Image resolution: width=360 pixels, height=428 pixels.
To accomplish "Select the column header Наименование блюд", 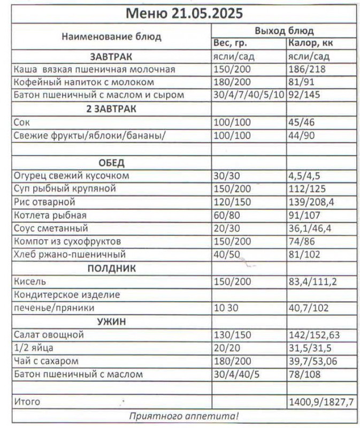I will (x=111, y=37).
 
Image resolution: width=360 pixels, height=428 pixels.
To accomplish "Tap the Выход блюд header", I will (x=284, y=30).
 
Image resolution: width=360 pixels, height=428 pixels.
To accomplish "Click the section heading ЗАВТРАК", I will (x=111, y=57).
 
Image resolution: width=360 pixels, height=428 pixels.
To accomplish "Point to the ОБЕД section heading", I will (x=111, y=163).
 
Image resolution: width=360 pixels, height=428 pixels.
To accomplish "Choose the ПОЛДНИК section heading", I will (x=111, y=268).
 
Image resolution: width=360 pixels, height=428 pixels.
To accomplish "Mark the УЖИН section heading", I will (x=111, y=322).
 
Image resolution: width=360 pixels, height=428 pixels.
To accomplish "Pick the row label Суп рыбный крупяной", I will (x=65, y=189).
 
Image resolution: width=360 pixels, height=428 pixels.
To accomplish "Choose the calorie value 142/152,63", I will (x=316, y=335).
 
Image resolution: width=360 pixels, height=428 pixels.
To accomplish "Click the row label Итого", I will (x=27, y=401).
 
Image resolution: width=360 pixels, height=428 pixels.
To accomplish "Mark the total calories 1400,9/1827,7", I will (x=320, y=401).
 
